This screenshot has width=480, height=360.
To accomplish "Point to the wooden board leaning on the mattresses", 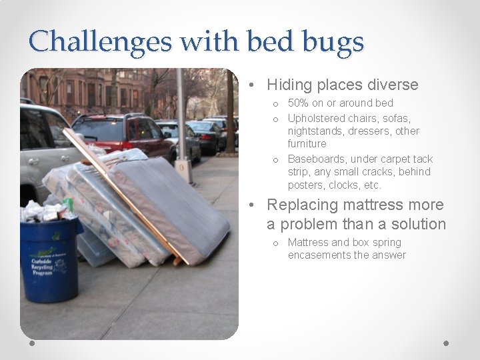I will point(127,193).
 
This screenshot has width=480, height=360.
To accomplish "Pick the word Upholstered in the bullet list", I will point(317,118).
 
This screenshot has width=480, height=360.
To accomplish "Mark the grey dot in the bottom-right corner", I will point(446,343).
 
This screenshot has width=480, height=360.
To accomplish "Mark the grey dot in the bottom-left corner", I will point(33,343).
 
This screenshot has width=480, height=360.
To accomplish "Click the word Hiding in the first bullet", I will point(289,85).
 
